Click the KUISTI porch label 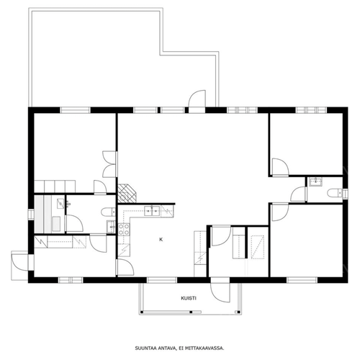tap(189, 298)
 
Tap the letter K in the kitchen tap(161, 239)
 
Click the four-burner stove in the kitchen tap(124, 230)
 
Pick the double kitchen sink tap(152, 211)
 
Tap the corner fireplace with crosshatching tap(127, 194)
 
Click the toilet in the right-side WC tap(335, 193)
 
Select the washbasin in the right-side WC tap(316, 182)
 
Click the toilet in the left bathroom tap(109, 212)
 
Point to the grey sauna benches tap(43, 215)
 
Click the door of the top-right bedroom tap(281, 167)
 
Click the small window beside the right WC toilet tap(345, 194)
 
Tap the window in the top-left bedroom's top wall tap(75, 110)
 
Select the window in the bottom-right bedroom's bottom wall tap(302, 280)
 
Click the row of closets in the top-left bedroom tap(55, 186)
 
